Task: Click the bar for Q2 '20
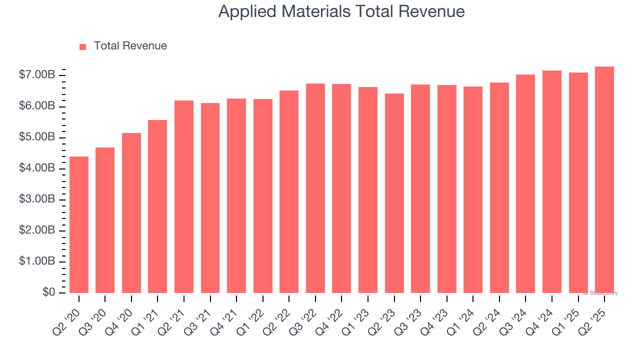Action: tap(79, 224)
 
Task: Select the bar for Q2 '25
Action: tap(604, 179)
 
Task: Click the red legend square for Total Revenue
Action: tap(83, 46)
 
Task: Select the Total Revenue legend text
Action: tap(130, 46)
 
